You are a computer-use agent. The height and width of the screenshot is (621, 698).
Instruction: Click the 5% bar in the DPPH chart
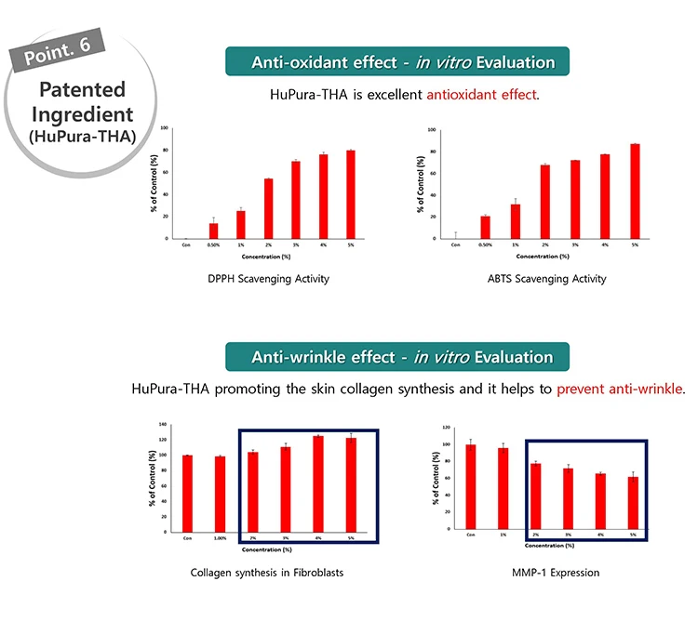coord(351,194)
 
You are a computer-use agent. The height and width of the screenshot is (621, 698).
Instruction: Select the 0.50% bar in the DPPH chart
coord(213,231)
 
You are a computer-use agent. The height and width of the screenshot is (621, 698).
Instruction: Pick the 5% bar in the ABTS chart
coord(634,192)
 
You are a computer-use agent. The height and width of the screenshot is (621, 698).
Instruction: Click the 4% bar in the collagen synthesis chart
coord(318,484)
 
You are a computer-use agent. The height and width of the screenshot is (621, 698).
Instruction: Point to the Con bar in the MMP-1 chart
coord(471,486)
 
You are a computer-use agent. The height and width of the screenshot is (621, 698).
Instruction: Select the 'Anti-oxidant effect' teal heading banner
coord(397,62)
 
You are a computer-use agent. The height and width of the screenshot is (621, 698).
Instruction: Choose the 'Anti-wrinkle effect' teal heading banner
coord(396,357)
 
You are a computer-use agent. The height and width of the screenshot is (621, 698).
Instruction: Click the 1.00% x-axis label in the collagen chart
coord(221,537)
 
